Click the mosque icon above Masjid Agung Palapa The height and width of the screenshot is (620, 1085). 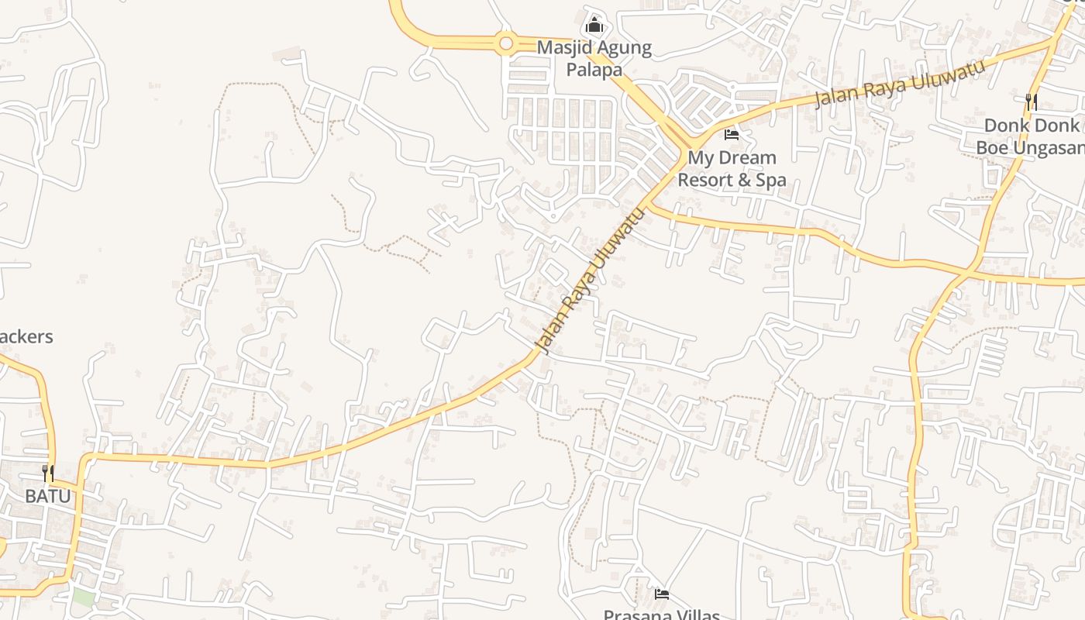[x=594, y=25]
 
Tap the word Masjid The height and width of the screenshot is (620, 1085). [x=564, y=48]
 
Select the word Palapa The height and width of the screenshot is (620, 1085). [x=594, y=70]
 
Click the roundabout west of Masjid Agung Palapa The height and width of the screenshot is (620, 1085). [x=506, y=43]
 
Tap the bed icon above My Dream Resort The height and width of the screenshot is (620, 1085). [x=731, y=135]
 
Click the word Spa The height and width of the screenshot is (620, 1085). [x=770, y=181]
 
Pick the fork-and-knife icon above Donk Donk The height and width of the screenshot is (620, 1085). [x=1031, y=102]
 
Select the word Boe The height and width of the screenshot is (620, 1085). [x=992, y=147]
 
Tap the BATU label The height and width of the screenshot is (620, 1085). [x=48, y=496]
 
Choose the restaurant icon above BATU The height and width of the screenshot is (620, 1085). [x=48, y=473]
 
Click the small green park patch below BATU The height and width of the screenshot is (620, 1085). [x=84, y=598]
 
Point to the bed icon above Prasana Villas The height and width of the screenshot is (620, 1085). [x=661, y=594]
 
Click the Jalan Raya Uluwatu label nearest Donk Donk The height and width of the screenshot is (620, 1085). [x=899, y=83]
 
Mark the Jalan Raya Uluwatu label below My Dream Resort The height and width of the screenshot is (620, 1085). [x=591, y=281]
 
